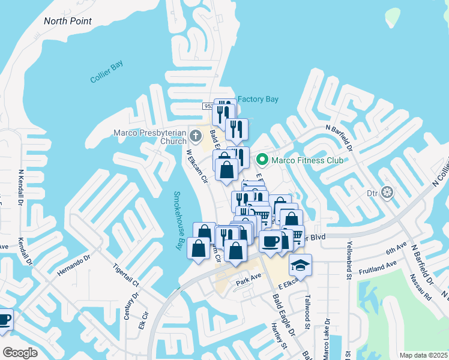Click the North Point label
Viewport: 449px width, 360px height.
68,21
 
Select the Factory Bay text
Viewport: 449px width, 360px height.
259,99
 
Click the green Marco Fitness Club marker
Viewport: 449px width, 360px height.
262,160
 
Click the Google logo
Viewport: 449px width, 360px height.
20,353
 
